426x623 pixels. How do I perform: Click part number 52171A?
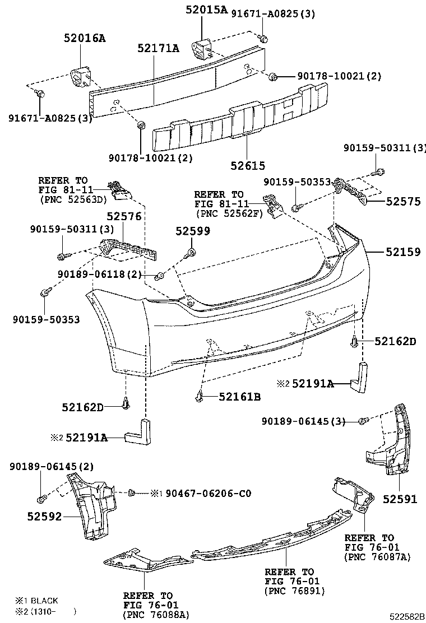pyautogui.click(x=158, y=49)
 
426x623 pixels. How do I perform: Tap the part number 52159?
pyautogui.click(x=402, y=252)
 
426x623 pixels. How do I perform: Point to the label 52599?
pyautogui.click(x=192, y=231)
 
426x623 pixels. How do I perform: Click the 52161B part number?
pyautogui.click(x=239, y=397)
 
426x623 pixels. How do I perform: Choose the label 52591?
pyautogui.click(x=400, y=499)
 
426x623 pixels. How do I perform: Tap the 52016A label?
pyautogui.click(x=84, y=38)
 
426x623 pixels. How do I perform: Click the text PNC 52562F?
pyautogui.click(x=229, y=213)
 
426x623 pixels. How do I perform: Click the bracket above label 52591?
pyautogui.click(x=388, y=443)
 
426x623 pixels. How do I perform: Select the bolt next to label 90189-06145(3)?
pyautogui.click(x=363, y=421)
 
